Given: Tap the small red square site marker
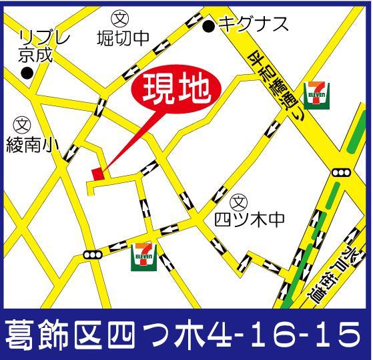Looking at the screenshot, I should click(x=97, y=173).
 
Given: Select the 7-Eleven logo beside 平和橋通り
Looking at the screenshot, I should click(x=314, y=94).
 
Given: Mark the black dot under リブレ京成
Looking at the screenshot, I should click(x=27, y=72).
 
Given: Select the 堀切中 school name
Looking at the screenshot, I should click(x=121, y=39).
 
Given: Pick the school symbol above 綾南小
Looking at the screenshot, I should click(x=22, y=124).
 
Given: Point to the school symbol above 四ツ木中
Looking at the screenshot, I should click(x=238, y=201).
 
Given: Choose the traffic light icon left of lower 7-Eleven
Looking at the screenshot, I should click(x=91, y=254).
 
